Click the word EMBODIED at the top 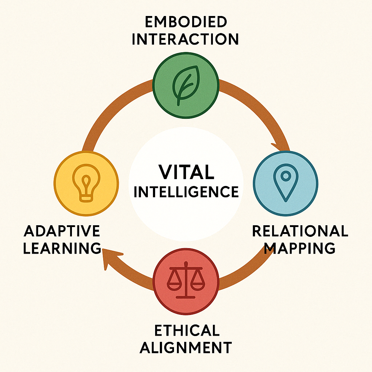tap(185, 22)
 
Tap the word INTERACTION tap(185, 39)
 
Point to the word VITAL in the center tap(186, 172)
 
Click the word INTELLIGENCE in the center tap(186, 191)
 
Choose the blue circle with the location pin tap(286, 183)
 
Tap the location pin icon tap(286, 182)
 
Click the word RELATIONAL tap(300, 231)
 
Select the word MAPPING tap(300, 248)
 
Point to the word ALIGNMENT tap(186, 348)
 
